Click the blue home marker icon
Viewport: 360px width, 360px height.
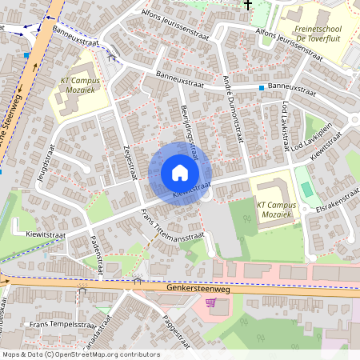179,173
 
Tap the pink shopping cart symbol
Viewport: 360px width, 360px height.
211,302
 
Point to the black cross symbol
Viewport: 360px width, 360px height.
247,5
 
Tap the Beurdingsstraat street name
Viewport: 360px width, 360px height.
190,126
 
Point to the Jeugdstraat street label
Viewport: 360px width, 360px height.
43,162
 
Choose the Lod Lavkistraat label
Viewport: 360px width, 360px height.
284,124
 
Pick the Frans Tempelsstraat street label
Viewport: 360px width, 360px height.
62,325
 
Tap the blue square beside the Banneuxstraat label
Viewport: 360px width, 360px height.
262,86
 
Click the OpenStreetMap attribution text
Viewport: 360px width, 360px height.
81,354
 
